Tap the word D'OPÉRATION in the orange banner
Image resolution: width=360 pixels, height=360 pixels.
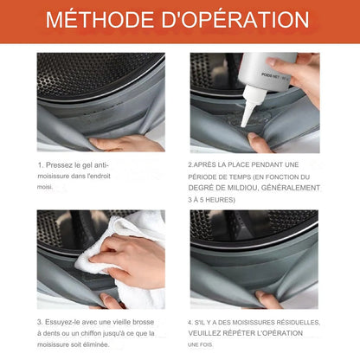(x=235, y=20)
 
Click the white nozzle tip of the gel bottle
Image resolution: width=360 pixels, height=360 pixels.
(x=244, y=123)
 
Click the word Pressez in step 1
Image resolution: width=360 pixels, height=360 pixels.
(x=60, y=165)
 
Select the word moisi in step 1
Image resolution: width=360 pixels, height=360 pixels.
(x=45, y=187)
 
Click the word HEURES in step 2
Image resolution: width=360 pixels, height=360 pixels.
(x=219, y=200)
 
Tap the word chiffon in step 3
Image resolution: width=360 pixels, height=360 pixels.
(x=91, y=333)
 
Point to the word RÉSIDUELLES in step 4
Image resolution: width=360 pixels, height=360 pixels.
(x=299, y=323)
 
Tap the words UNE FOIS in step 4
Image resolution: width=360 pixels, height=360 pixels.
(x=200, y=344)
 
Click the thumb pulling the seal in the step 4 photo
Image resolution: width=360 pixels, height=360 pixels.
(x=267, y=299)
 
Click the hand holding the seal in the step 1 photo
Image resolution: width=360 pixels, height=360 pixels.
(x=127, y=144)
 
